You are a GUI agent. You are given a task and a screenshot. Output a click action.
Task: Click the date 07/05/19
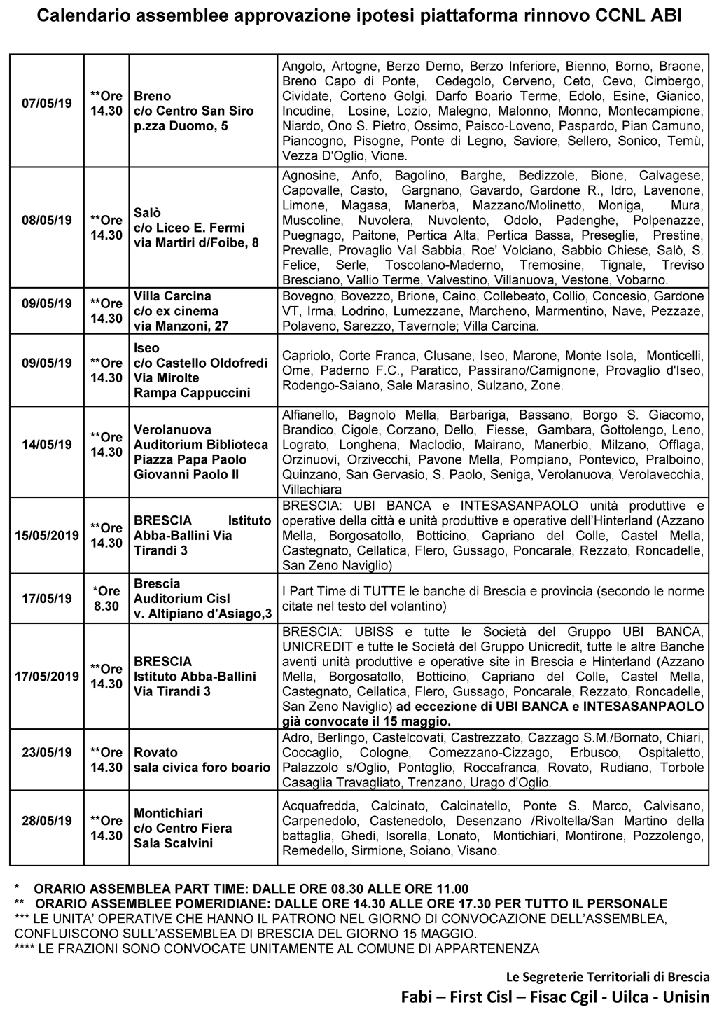point(47,104)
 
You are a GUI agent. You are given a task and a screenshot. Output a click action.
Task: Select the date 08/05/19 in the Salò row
point(47,220)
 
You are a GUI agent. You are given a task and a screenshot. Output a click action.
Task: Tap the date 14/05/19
point(47,444)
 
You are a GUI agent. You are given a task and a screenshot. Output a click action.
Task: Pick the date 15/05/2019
point(47,536)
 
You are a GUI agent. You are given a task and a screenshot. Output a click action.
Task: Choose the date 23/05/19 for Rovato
point(47,753)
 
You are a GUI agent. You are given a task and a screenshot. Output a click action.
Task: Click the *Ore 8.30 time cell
point(106,599)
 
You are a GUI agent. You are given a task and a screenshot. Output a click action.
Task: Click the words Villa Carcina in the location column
point(172,296)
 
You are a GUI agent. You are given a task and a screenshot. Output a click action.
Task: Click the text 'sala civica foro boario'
point(202,768)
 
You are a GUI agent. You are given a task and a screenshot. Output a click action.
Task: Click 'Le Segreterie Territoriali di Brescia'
point(608,976)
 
